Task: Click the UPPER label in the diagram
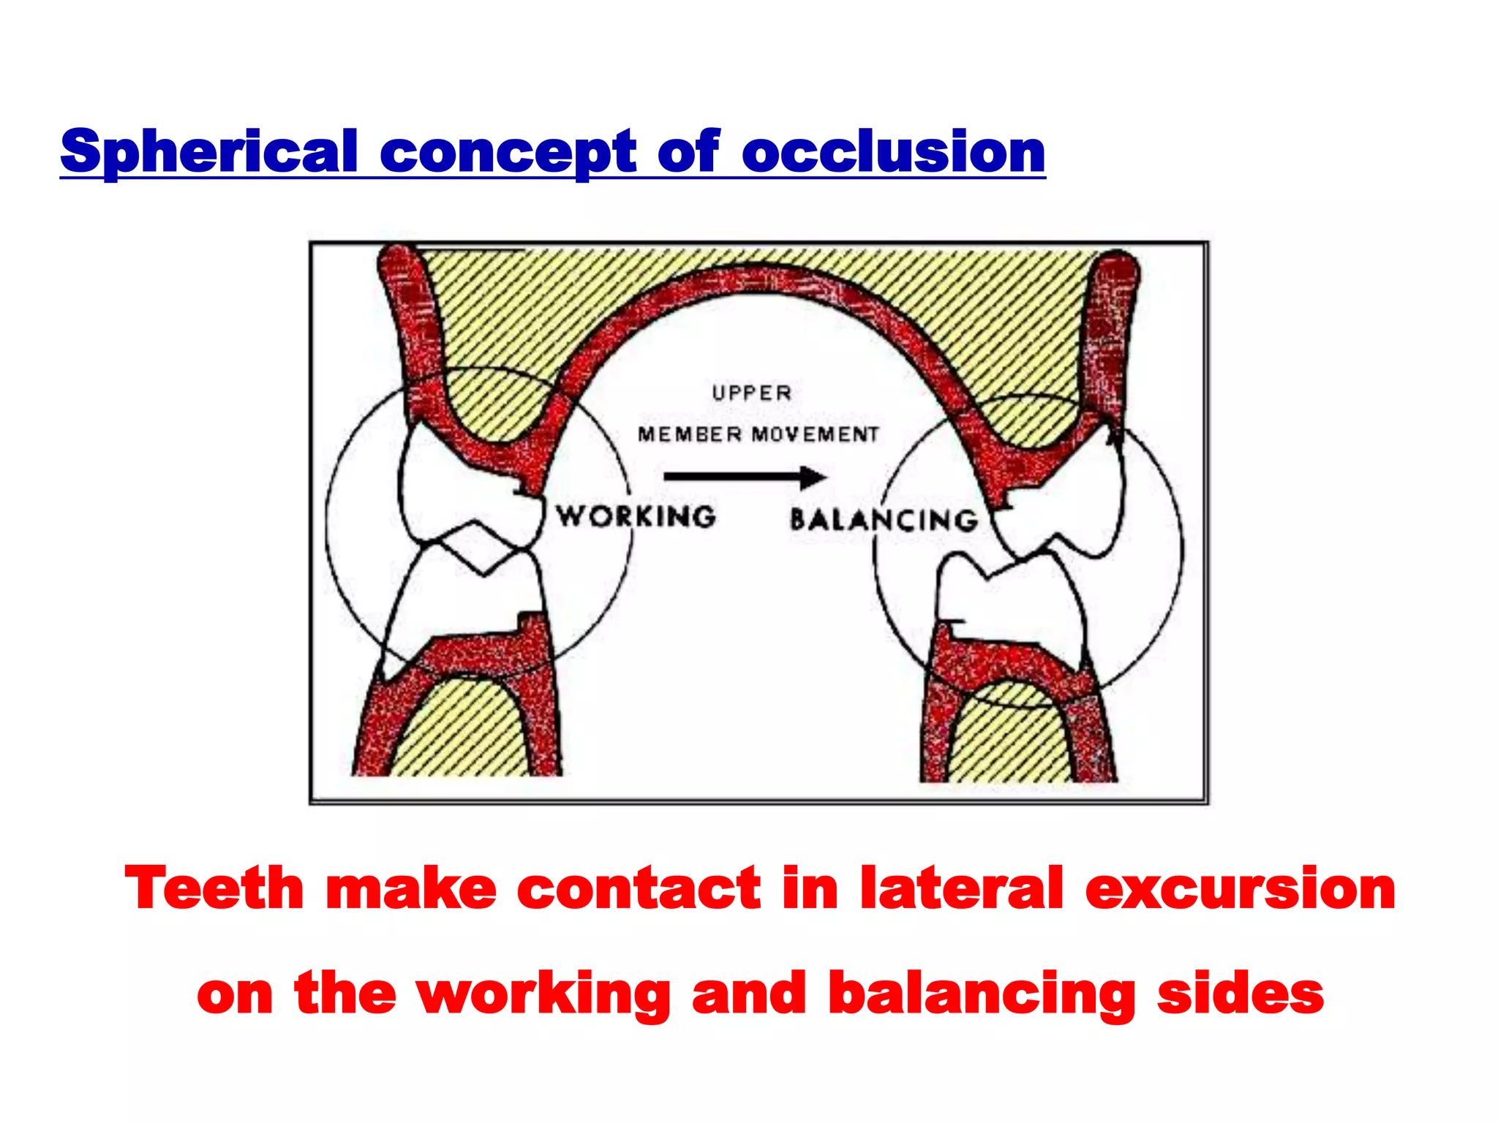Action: [x=752, y=393]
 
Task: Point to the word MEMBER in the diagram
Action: [x=690, y=434]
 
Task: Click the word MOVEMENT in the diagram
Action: [x=816, y=434]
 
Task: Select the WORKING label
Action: [x=636, y=517]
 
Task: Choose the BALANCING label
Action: [x=884, y=520]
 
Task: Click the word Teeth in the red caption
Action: [x=214, y=888]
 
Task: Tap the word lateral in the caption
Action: [x=961, y=888]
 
